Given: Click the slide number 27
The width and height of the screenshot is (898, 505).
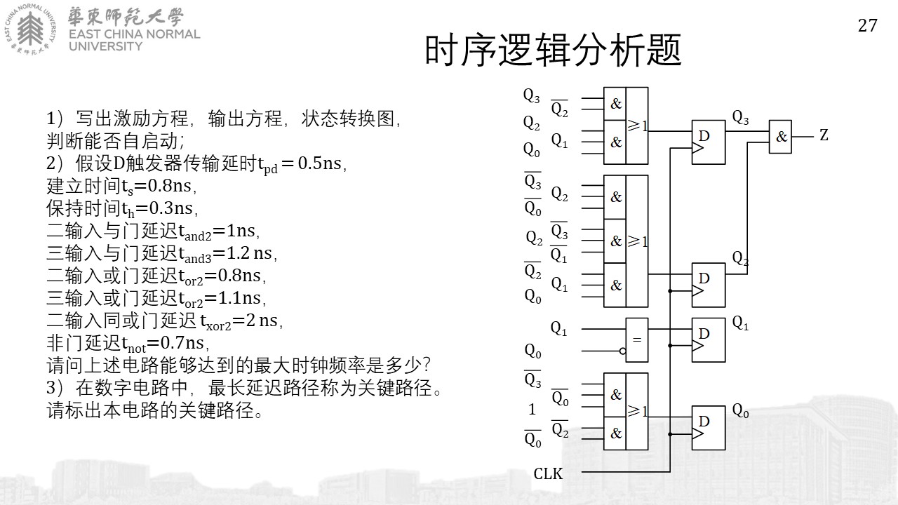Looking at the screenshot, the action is [867, 26].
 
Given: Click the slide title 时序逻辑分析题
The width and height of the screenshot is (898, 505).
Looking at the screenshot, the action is [554, 50].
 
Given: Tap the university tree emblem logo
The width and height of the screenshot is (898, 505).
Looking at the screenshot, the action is [30, 29].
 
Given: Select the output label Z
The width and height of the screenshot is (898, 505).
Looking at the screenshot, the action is [824, 135].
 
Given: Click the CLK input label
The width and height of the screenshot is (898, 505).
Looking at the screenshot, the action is [548, 473].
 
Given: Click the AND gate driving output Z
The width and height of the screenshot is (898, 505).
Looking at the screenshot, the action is [780, 137].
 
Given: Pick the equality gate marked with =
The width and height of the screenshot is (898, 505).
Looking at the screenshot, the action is [637, 340].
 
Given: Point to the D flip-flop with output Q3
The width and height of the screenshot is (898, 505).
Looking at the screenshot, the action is [709, 142].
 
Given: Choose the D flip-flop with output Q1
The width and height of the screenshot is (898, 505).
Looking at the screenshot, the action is [709, 340].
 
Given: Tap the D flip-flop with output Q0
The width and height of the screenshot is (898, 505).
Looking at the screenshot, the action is [709, 428].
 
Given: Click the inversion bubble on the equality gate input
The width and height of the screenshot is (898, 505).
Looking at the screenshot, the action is [622, 351].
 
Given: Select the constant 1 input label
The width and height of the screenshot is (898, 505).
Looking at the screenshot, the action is [532, 409].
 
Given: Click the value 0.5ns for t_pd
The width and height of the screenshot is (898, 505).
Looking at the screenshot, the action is [319, 163].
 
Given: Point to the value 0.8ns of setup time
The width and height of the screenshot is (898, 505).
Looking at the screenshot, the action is [169, 186].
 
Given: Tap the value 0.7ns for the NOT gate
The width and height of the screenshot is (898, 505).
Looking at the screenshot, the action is [182, 343].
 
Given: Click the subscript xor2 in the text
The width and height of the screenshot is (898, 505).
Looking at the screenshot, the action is [218, 326].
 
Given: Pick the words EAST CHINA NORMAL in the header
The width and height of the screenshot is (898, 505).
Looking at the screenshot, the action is [134, 34].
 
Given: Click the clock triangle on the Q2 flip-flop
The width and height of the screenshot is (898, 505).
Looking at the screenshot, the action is [698, 290].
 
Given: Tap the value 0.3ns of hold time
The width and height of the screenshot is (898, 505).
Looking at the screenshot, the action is [170, 208].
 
